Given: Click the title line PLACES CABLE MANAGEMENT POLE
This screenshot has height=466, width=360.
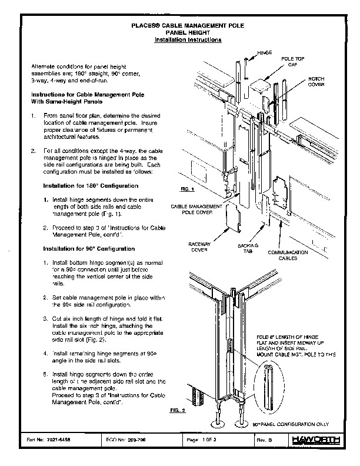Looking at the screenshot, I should tap(188, 27).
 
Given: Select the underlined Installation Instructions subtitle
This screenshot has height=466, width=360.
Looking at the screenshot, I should tap(188, 40).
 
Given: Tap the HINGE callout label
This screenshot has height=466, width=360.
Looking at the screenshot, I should tap(265, 53).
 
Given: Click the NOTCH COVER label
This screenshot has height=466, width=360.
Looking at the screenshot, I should tap(316, 81).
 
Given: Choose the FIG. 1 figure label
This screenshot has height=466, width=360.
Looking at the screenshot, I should tap(187, 189).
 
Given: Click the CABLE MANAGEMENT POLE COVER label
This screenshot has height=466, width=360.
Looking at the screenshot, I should tap(196, 211).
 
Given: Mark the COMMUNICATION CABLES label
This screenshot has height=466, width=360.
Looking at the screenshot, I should tap(288, 254).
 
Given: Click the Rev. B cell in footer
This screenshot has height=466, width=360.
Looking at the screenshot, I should tap(265, 440).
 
